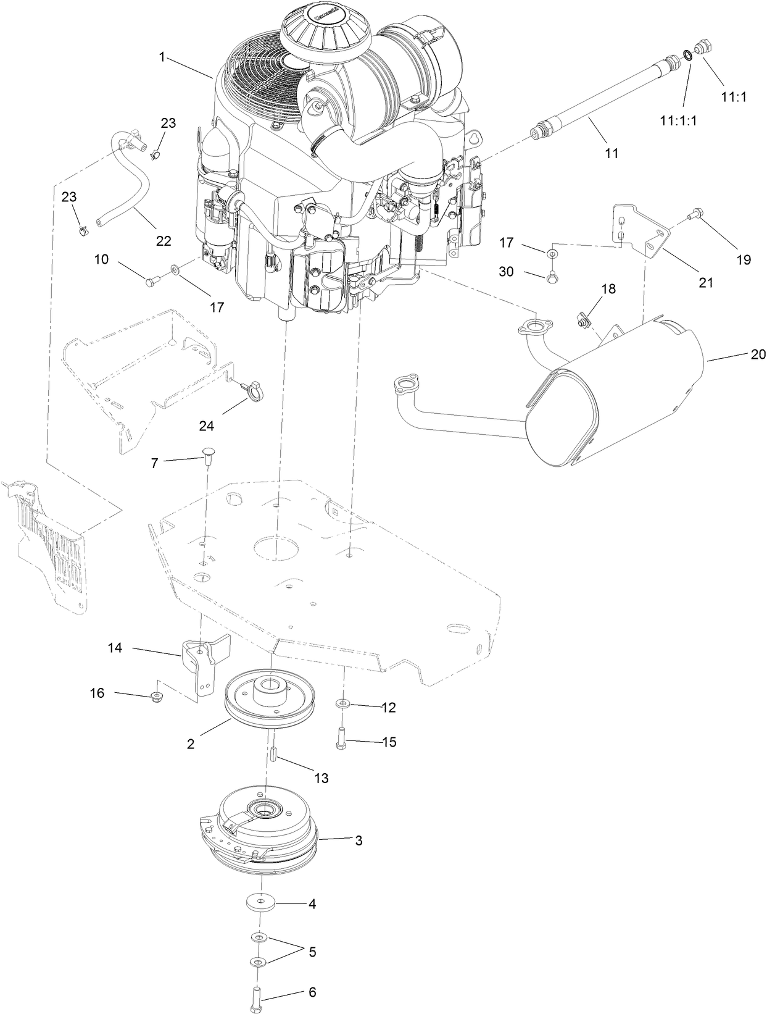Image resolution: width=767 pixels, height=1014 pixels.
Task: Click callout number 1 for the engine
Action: coord(162,57)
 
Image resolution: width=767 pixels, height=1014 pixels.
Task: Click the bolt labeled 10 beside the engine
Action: coord(152,282)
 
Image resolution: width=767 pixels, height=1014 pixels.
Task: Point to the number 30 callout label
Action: coord(506,272)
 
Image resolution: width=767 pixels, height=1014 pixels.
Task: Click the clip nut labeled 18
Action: coord(583,320)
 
